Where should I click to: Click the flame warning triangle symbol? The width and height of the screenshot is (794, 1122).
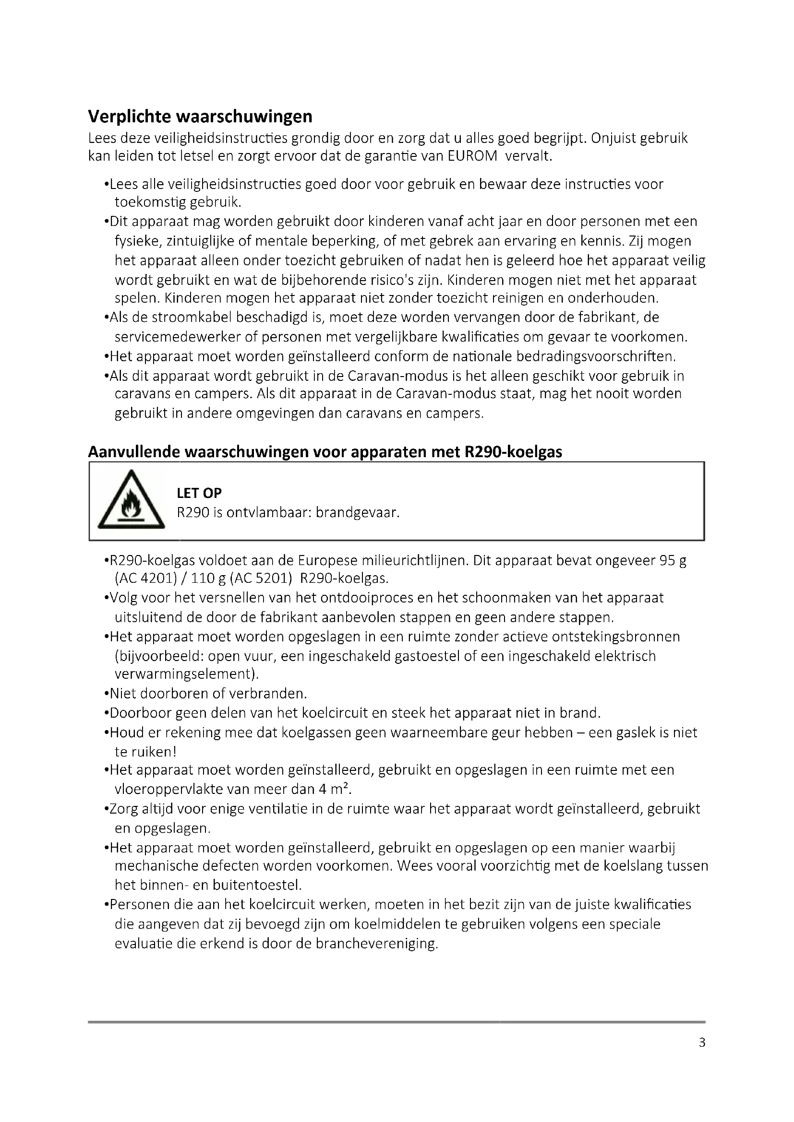click(131, 500)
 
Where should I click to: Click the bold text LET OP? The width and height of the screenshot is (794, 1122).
click(199, 493)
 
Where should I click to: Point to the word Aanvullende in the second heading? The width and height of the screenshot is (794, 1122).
click(133, 452)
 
